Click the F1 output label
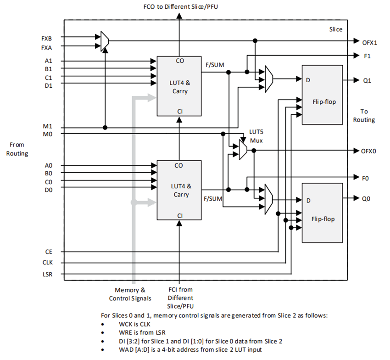367,56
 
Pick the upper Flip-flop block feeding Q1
322,95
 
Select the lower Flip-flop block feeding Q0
322,212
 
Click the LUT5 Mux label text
256,135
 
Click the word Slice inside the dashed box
336,29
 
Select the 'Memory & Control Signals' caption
130,294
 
